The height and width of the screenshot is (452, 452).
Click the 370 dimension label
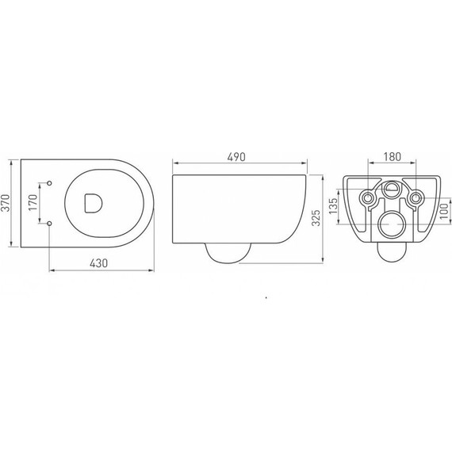pos(6,203)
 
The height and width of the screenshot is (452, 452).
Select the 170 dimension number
pos(33,202)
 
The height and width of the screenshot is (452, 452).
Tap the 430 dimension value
pos(98,263)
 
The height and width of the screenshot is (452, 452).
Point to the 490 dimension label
pos(236,157)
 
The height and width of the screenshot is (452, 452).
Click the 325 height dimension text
pos(316,218)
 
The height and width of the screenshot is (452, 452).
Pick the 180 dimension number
pos(392,157)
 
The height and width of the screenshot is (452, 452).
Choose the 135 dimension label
pos(333,206)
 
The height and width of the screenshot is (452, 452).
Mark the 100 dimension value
pos(445,211)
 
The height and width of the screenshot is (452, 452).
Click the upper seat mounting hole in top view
pos(49,183)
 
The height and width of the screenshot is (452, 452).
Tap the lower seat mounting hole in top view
pos(49,223)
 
